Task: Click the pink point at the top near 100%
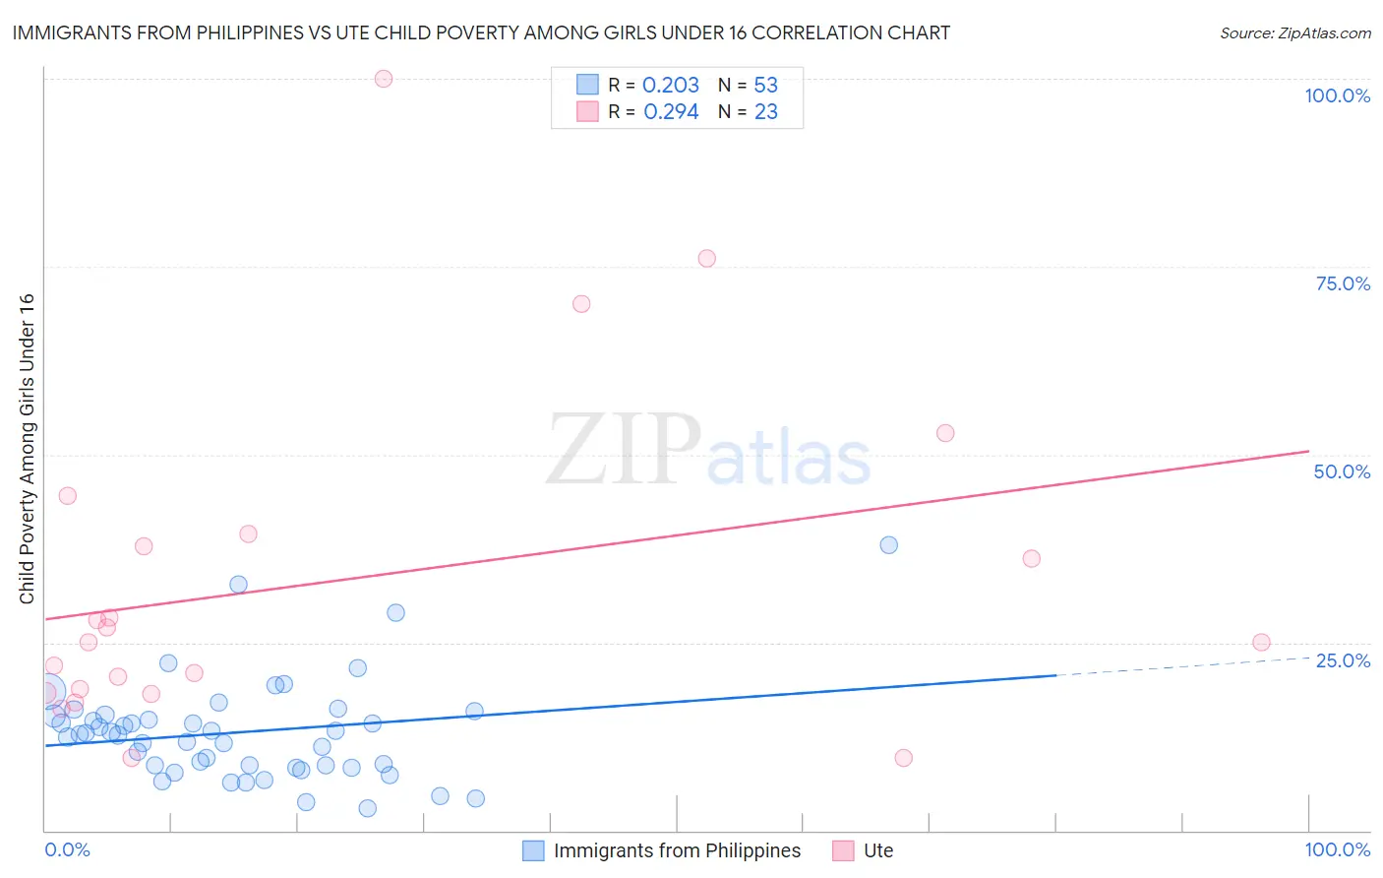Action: tap(384, 79)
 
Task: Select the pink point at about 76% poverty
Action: tap(706, 259)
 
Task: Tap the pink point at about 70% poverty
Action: tap(581, 304)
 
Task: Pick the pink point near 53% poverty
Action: tap(945, 433)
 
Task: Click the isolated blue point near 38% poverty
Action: tap(889, 545)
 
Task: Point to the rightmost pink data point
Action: tap(1261, 643)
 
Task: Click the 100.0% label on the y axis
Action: tap(1337, 95)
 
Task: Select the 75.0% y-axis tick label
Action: tap(1343, 283)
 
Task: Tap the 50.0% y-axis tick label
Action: tap(1342, 471)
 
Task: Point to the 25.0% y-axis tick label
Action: tap(1343, 660)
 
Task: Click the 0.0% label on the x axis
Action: tap(67, 849)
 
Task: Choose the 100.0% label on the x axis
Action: tap(1337, 849)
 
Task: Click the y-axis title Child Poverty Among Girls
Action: tap(28, 449)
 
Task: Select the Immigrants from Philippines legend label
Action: tap(677, 850)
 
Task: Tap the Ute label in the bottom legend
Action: tap(878, 850)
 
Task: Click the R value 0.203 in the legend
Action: tap(671, 86)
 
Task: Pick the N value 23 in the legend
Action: tap(765, 112)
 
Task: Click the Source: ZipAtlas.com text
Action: tap(1294, 33)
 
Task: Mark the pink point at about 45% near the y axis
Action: tap(67, 496)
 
